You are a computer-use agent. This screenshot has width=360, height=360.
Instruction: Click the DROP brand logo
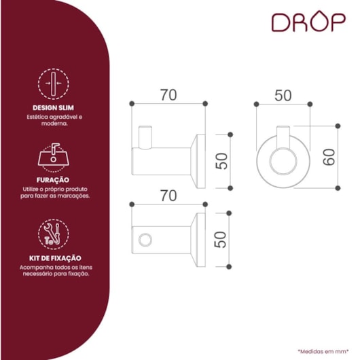tap(308, 22)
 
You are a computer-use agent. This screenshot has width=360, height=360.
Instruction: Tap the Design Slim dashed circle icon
tap(53, 84)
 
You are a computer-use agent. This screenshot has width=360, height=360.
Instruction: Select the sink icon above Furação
tap(53, 158)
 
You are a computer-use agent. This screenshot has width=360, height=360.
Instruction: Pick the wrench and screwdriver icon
tap(53, 234)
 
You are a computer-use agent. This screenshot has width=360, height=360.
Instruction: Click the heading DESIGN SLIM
tap(53, 108)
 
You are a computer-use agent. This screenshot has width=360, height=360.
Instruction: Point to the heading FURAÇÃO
tap(53, 180)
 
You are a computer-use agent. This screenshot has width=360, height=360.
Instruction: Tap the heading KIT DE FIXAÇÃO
tap(55, 258)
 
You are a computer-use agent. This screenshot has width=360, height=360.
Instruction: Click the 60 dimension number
tap(329, 157)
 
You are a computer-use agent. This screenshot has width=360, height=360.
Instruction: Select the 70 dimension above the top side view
tap(168, 95)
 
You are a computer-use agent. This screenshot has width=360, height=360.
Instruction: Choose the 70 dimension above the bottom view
tap(168, 196)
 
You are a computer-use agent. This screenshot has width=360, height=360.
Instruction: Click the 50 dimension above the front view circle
tap(283, 96)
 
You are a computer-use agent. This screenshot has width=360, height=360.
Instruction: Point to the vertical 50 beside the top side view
tap(221, 161)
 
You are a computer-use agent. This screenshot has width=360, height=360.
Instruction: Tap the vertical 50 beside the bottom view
tap(220, 240)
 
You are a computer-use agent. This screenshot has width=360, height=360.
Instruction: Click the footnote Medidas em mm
tap(323, 351)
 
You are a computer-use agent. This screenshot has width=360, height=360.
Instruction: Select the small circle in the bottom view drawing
tap(145, 240)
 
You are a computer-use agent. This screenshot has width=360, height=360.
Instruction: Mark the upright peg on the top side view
tap(145, 137)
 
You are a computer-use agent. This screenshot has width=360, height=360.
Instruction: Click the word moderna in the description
tap(54, 124)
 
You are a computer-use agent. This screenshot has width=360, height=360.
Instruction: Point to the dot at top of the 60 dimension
tap(338, 126)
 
